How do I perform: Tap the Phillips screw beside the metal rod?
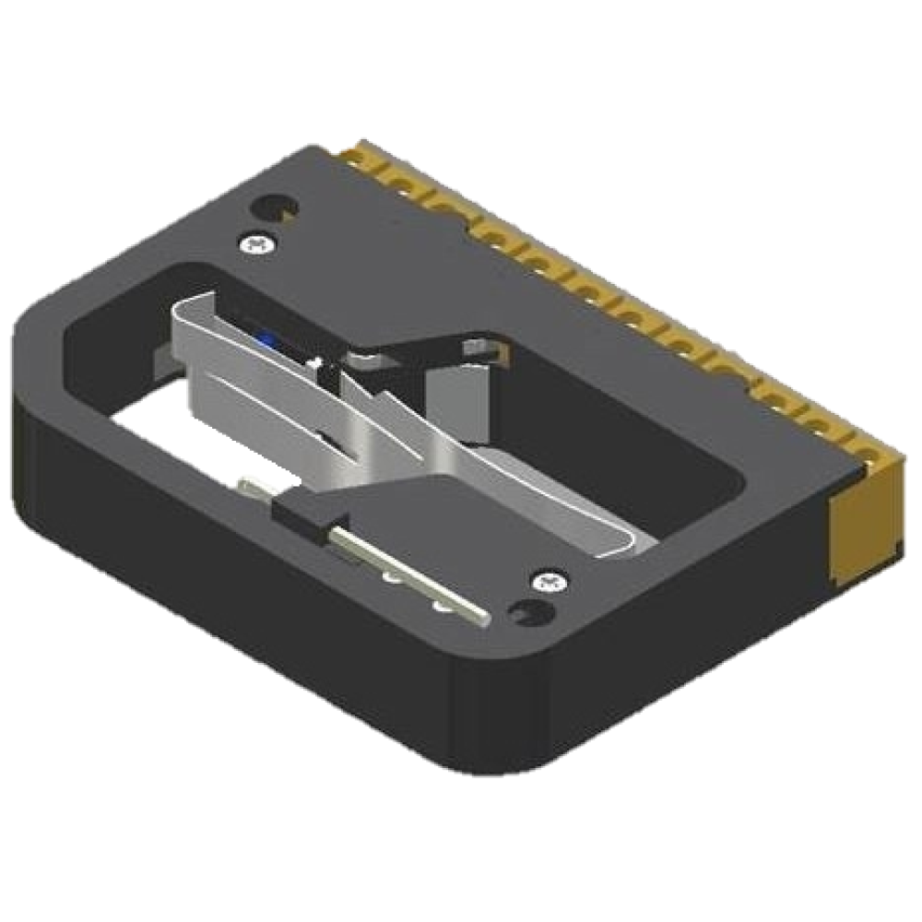550,582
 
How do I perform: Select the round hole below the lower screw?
529,613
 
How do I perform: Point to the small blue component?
267,339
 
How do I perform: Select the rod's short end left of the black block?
253,485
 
